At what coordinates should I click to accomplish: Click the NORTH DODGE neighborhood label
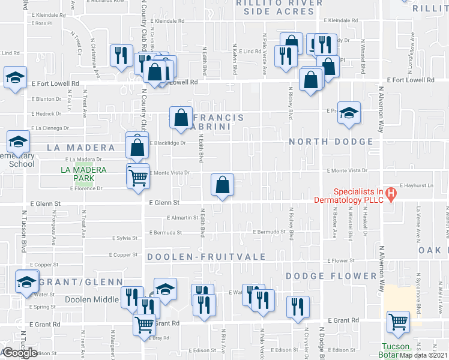332,142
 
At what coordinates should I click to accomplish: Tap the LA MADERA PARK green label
84,174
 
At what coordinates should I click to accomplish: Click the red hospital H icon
390,194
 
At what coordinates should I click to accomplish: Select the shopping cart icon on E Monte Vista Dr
138,178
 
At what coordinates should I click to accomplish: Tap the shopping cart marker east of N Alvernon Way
398,322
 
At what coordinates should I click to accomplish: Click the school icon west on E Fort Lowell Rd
15,77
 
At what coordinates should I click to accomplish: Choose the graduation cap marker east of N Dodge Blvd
348,113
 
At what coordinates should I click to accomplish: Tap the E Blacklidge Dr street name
171,143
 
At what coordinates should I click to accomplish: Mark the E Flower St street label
341,261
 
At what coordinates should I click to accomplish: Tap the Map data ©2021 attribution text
424,355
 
